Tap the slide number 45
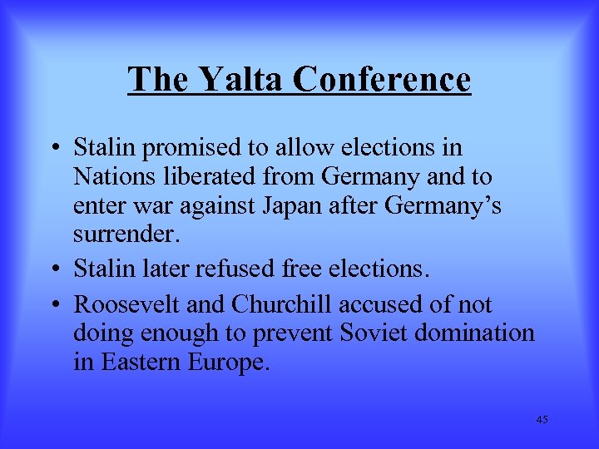point(542,419)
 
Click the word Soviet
point(372,333)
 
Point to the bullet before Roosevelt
point(55,305)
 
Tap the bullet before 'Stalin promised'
point(55,149)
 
